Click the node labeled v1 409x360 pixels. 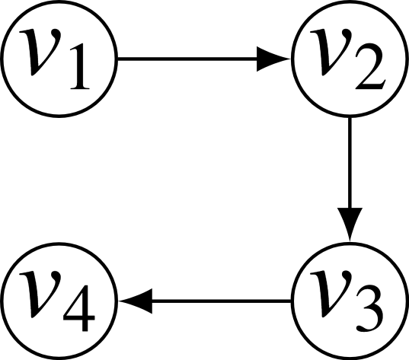(x=59, y=59)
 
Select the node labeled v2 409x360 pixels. (x=350, y=59)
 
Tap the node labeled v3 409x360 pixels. (x=350, y=302)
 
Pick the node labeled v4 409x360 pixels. (x=59, y=302)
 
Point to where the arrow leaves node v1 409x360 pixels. (x=120, y=59)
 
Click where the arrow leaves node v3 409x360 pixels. (x=290, y=302)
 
